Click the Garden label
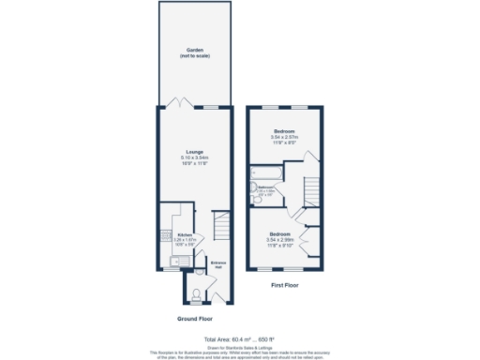point(193,52)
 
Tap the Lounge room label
point(194,151)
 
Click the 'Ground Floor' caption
point(193,319)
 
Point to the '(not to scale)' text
point(193,57)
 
